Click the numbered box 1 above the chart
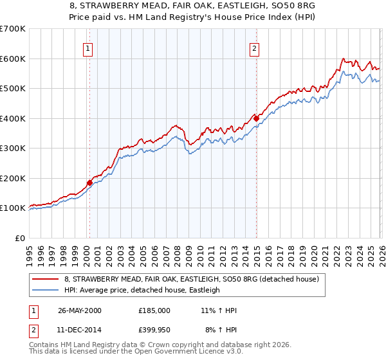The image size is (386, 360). click(87, 47)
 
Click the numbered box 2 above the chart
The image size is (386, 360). click(255, 47)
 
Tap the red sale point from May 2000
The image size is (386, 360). click(89, 183)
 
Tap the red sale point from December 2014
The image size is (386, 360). click(256, 118)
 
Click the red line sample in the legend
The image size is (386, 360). click(46, 280)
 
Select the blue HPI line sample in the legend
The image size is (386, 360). click(46, 291)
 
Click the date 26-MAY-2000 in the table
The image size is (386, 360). click(80, 310)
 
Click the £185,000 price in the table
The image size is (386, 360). click(154, 310)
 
